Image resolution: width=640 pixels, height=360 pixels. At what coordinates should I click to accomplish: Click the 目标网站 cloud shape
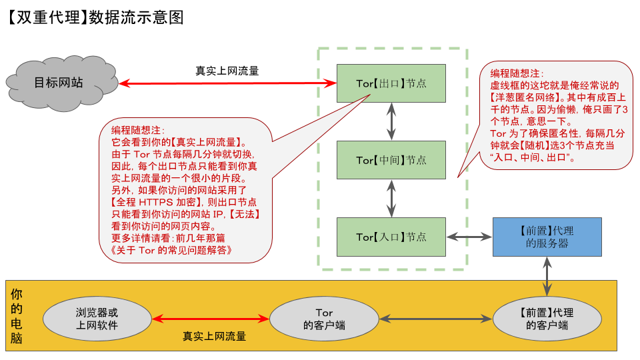(59, 83)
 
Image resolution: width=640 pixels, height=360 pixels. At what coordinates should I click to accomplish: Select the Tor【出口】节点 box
(391, 83)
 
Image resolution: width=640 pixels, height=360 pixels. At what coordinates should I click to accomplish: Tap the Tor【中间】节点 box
(391, 160)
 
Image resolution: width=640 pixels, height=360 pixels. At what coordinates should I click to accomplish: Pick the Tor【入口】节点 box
(391, 237)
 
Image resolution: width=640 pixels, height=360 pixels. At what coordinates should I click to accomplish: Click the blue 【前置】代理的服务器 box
(547, 237)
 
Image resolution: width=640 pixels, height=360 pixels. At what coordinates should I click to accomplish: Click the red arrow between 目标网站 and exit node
(227, 83)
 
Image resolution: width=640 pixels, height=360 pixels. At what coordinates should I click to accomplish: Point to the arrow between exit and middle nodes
(391, 121)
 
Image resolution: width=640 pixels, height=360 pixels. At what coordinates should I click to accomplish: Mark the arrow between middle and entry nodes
(391, 198)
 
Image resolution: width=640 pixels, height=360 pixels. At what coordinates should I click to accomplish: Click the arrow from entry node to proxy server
(469, 237)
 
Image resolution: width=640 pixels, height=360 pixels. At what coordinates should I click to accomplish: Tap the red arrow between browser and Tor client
(210, 319)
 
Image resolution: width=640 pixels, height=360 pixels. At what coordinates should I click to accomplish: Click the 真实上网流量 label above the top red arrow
(227, 71)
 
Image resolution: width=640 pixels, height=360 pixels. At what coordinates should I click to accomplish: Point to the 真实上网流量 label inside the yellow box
(214, 336)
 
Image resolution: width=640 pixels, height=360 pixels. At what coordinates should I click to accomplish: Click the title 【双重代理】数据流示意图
(94, 17)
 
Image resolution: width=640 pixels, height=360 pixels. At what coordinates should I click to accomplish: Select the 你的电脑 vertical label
(17, 315)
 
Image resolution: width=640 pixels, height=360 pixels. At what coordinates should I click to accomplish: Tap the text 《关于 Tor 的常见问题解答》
(169, 250)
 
